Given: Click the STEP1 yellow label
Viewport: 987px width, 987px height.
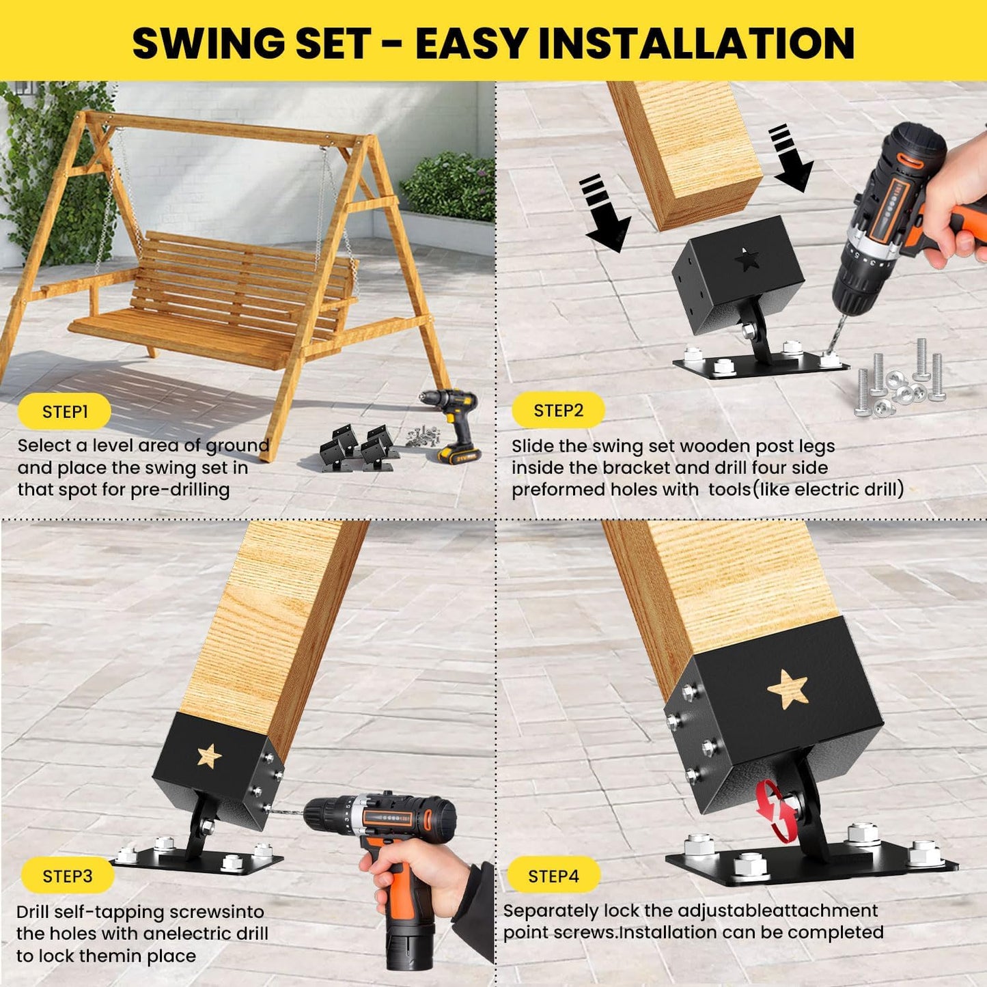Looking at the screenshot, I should (x=65, y=412).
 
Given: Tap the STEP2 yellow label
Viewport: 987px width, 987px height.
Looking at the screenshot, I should (x=558, y=411).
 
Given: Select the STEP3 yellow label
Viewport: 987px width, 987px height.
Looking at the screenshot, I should (x=67, y=876).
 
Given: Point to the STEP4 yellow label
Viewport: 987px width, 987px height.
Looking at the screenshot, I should (x=553, y=876).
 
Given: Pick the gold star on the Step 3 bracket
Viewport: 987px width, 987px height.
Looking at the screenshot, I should (x=209, y=756).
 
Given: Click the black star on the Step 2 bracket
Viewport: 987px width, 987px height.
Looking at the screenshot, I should (x=748, y=260).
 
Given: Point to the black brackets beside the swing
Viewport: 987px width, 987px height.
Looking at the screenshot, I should (x=359, y=447).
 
